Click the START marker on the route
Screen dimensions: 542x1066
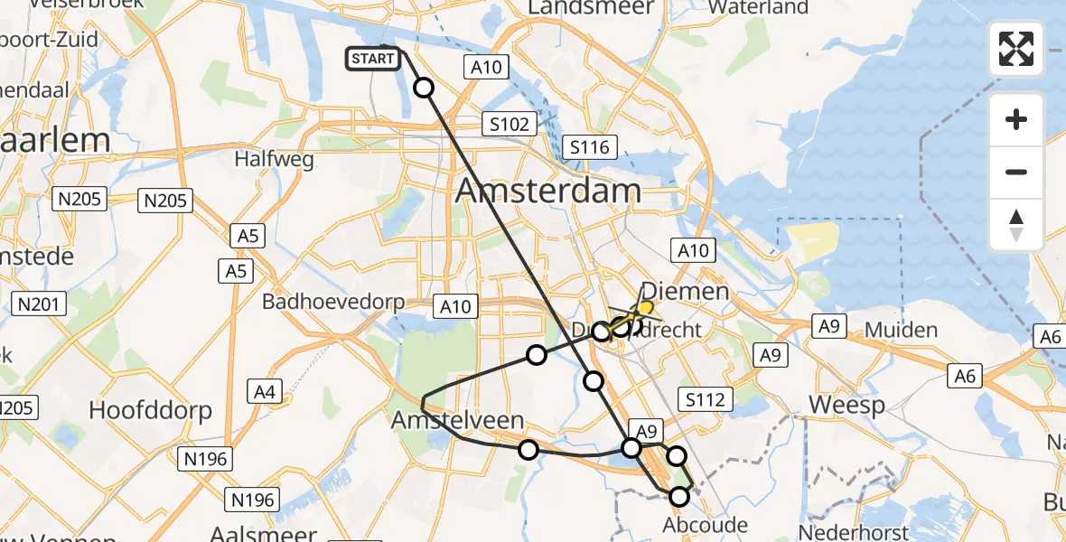click(x=372, y=60)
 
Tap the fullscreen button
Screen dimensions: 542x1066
click(x=1016, y=49)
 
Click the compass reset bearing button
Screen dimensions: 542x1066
click(x=1016, y=225)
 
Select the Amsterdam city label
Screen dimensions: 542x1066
click(x=548, y=191)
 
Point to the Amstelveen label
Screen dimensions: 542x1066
click(x=457, y=420)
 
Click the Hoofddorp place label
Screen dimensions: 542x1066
click(x=150, y=411)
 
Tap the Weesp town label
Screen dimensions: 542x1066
click(x=846, y=405)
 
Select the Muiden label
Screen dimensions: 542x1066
click(x=901, y=330)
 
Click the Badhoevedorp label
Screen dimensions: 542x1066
click(x=333, y=302)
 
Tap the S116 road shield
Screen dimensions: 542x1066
click(x=589, y=147)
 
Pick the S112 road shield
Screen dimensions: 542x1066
click(x=705, y=399)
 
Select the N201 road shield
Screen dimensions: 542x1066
click(x=40, y=304)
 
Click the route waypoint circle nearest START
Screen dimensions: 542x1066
click(x=424, y=88)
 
